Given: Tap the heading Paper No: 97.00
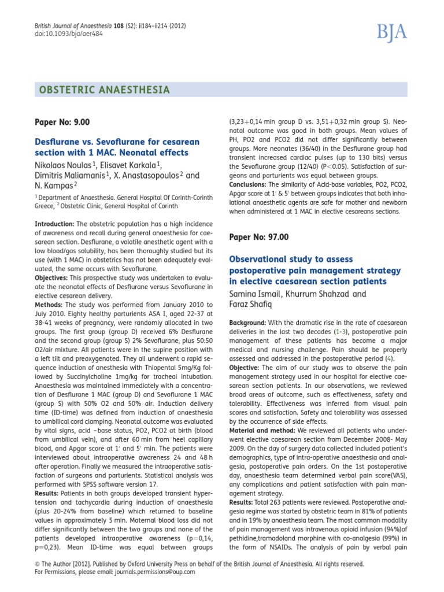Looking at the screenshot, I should [259, 237].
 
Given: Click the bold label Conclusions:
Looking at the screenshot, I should [253, 185].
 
